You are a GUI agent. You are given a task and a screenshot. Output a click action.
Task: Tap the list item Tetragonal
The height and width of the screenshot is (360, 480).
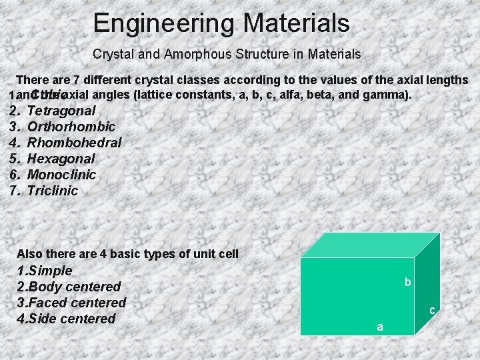tap(61, 111)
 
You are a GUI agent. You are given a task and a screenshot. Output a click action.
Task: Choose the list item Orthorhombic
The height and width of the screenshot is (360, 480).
tap(71, 127)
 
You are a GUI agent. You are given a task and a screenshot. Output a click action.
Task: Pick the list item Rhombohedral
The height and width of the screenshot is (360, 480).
tap(74, 143)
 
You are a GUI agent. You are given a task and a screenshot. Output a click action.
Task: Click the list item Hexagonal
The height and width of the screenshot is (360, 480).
tap(61, 159)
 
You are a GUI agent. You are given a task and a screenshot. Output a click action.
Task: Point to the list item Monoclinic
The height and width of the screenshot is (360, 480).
tap(61, 175)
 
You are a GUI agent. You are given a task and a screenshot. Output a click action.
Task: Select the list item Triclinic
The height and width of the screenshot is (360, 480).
tap(53, 191)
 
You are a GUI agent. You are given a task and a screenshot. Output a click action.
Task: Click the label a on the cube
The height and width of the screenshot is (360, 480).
tap(380, 327)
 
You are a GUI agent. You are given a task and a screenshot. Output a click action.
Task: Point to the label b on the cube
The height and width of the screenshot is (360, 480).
tap(407, 283)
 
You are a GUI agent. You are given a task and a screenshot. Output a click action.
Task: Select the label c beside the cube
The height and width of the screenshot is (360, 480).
tap(432, 310)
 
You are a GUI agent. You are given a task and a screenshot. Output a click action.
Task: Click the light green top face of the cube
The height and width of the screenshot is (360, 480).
tap(370, 245)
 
